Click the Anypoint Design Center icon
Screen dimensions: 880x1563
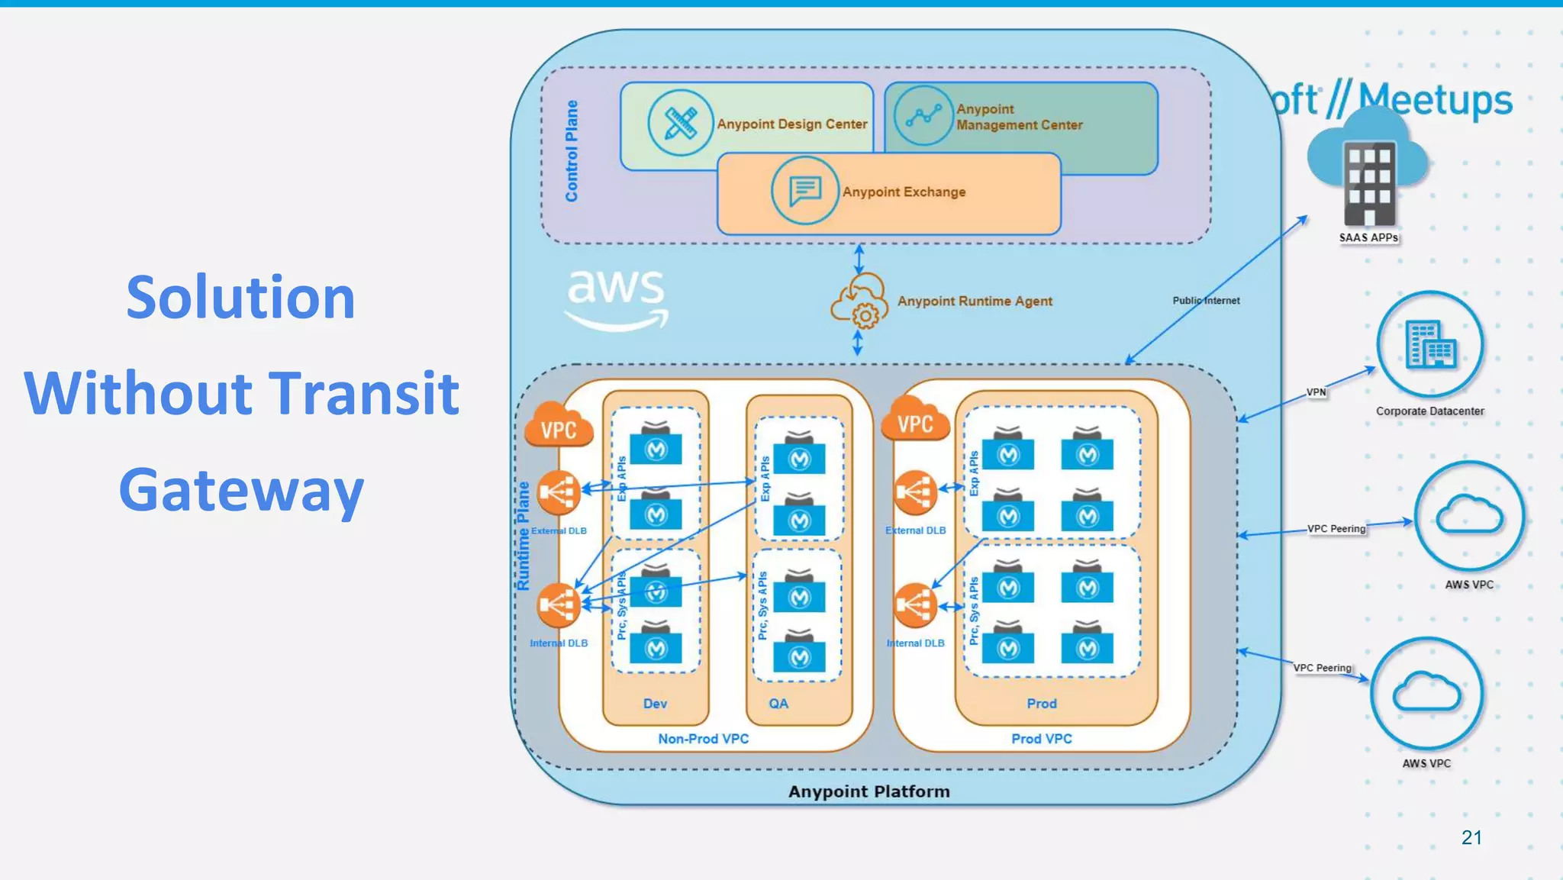tap(679, 123)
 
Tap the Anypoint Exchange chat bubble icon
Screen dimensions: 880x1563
tap(804, 190)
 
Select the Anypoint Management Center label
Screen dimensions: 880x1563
tap(1018, 117)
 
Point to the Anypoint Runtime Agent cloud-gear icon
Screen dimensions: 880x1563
tap(859, 302)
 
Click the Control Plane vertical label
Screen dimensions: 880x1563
tap(572, 151)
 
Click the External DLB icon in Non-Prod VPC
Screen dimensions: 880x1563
tap(559, 493)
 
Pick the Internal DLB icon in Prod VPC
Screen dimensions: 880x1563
tap(915, 605)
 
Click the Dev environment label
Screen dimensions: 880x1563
tap(655, 704)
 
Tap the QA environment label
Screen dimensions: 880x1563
tap(778, 704)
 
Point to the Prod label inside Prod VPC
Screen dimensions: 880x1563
tap(1041, 704)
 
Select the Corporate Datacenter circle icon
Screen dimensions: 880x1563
tap(1429, 345)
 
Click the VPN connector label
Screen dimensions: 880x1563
tap(1316, 392)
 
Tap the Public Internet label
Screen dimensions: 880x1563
tap(1206, 301)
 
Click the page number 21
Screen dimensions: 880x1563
tap(1471, 837)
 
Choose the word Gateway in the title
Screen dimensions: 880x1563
tap(241, 490)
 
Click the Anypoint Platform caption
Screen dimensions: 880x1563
tap(869, 791)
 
